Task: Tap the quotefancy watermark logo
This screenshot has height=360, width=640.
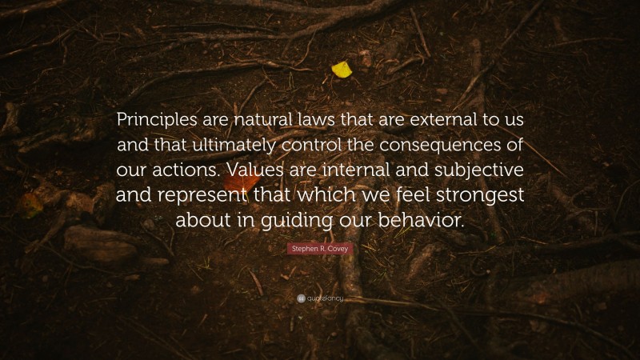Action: (x=320, y=299)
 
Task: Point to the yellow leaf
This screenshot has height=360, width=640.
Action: (x=342, y=70)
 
